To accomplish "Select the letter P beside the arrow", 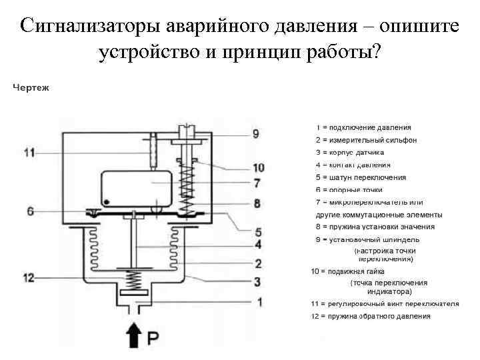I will [153, 338].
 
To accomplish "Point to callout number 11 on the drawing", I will [29, 153].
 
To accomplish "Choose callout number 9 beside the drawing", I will [255, 134].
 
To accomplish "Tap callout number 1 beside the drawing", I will [259, 302].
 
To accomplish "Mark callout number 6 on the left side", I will [31, 211].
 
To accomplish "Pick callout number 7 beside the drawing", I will [257, 183].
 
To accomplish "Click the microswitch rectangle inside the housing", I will [138, 189].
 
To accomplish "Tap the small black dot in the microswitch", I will [107, 201].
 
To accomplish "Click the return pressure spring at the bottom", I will [135, 278].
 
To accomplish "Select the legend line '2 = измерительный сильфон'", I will [366, 140].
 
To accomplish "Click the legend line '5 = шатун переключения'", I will [361, 177].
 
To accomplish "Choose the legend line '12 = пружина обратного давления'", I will [371, 316].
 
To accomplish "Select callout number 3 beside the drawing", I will [257, 282].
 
